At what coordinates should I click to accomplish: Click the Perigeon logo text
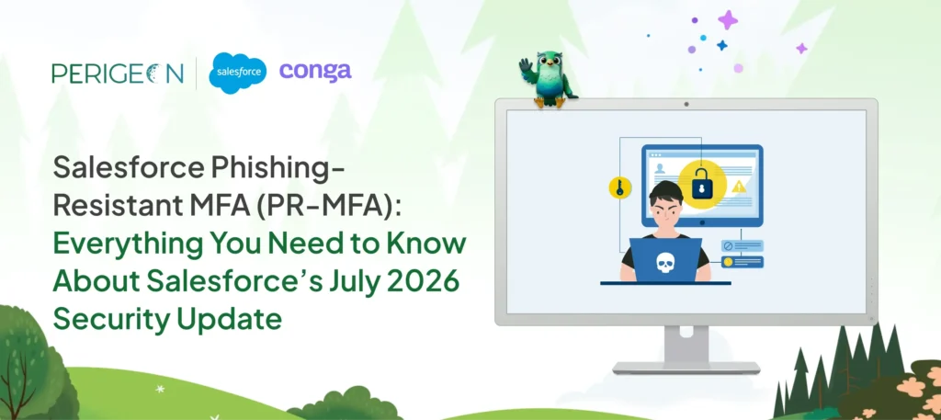[x=118, y=74]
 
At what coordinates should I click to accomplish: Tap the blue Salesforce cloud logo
[x=237, y=73]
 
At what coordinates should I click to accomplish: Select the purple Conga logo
[x=315, y=72]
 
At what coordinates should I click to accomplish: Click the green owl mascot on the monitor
[x=547, y=79]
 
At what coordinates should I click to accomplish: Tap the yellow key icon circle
[x=619, y=187]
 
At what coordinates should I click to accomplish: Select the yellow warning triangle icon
[x=738, y=187]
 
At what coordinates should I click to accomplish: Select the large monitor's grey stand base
[x=686, y=368]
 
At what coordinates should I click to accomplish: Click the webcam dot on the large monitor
[x=686, y=105]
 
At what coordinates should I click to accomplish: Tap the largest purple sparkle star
[x=728, y=20]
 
